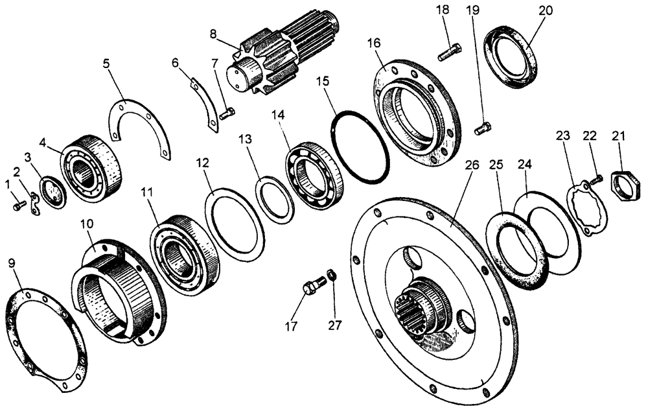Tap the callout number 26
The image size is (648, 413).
tap(472, 165)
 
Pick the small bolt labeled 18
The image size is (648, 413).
tap(450, 52)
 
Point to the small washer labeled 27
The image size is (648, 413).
tap(331, 275)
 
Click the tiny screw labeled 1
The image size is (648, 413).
tap(19, 206)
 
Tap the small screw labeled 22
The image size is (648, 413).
tap(596, 177)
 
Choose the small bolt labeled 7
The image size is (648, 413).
tap(226, 114)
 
